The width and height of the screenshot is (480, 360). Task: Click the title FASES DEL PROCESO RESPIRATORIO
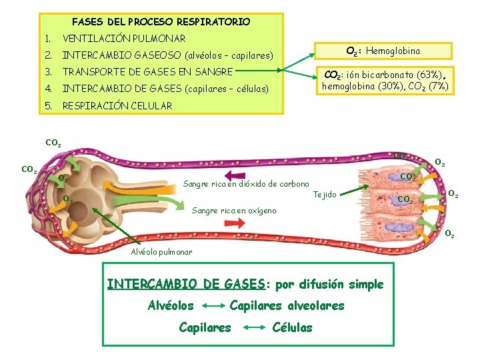click(x=161, y=22)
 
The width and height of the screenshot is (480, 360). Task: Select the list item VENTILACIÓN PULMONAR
click(x=123, y=39)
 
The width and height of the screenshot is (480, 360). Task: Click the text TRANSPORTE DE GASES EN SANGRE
click(x=147, y=71)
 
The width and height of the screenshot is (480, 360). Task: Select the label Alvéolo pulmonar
click(x=161, y=252)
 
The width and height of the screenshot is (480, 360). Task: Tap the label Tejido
click(x=325, y=195)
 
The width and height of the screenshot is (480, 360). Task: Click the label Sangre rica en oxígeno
click(x=234, y=211)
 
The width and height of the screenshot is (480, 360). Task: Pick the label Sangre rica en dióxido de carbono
click(x=246, y=184)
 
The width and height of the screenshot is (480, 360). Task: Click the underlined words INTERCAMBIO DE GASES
click(x=186, y=284)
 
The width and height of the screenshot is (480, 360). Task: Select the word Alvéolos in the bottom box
click(x=171, y=306)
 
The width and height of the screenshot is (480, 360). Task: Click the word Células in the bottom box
click(x=293, y=327)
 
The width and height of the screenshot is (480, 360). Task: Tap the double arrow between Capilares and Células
click(x=252, y=328)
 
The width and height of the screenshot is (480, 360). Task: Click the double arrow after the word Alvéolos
click(x=211, y=307)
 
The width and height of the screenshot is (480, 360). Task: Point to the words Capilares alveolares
click(x=287, y=306)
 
